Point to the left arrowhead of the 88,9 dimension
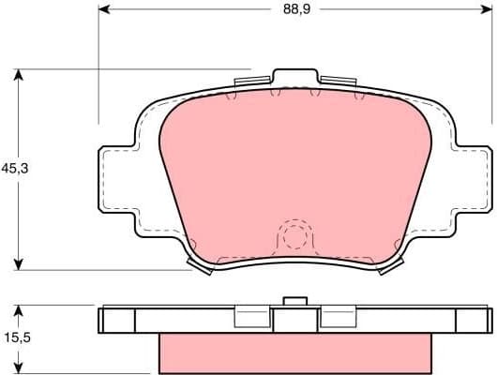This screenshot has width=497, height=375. (104, 10)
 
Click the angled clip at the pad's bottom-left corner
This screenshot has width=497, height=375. (200, 267)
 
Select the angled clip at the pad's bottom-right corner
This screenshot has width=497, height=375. (390, 267)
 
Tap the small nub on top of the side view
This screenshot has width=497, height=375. (295, 301)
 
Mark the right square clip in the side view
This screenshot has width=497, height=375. (337, 320)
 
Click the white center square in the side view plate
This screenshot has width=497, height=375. (294, 321)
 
